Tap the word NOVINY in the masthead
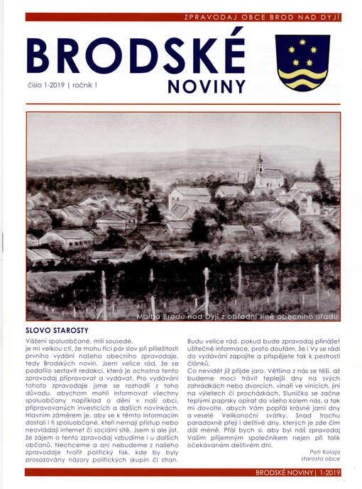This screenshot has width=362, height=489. pyautogui.click(x=207, y=87)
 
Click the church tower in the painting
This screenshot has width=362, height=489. pyautogui.click(x=259, y=164)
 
